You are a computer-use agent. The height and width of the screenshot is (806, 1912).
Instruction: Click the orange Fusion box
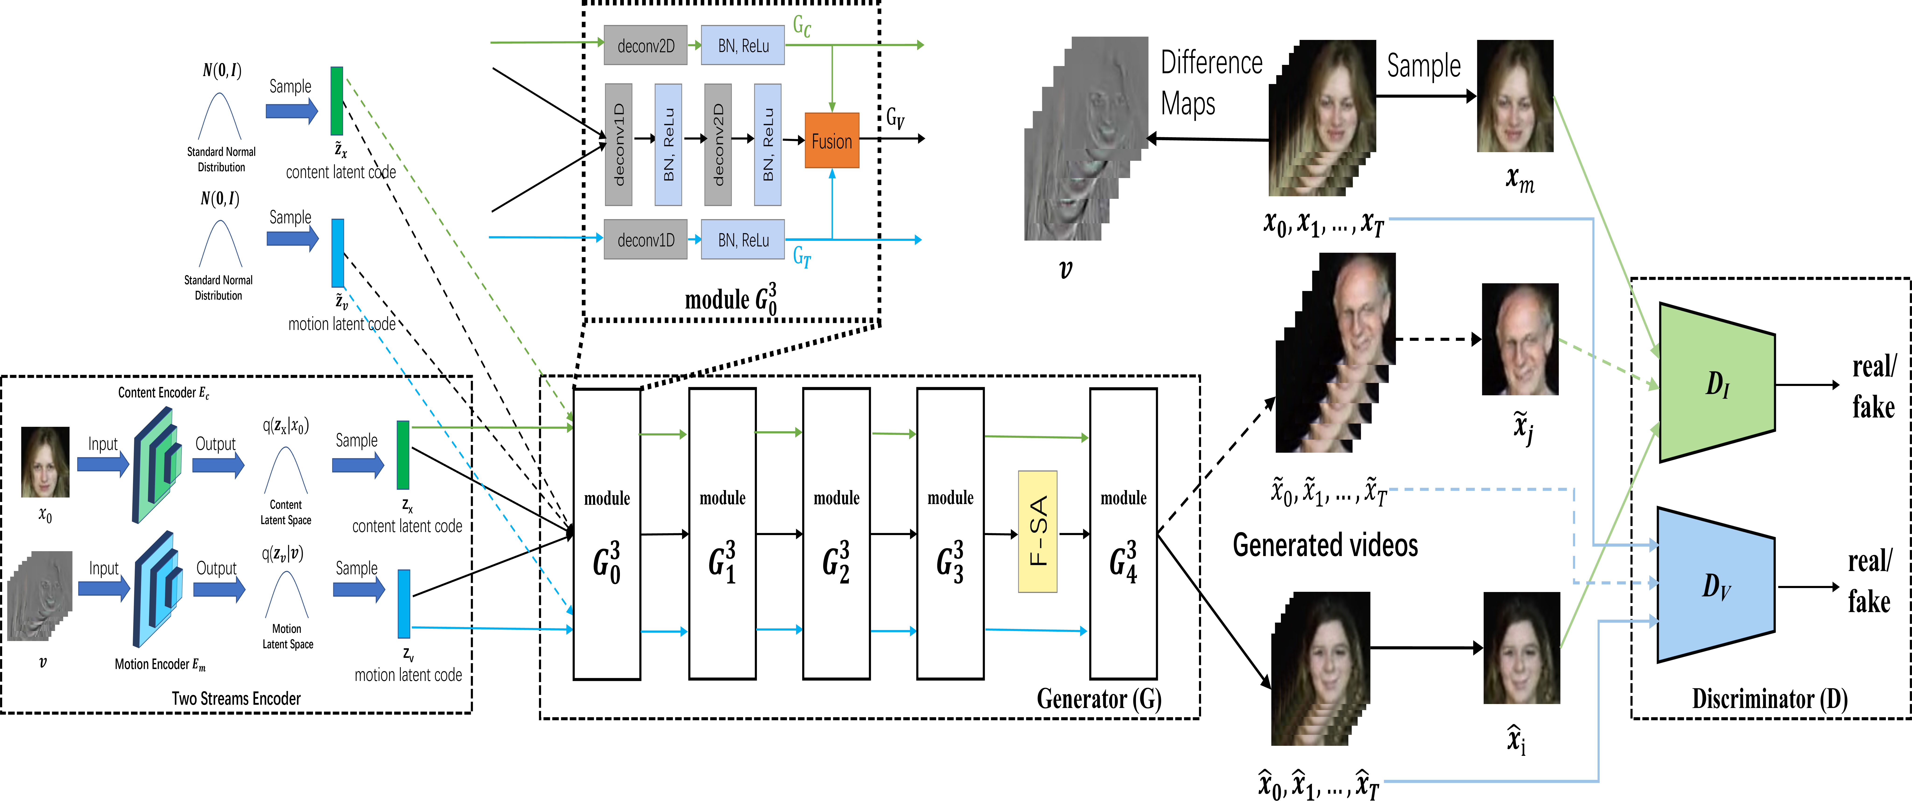[831, 140]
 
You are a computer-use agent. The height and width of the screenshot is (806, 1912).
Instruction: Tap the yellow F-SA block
[1037, 531]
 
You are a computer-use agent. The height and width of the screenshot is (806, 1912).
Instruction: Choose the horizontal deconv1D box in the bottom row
[645, 240]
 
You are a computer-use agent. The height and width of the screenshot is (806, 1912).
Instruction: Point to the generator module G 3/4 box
[1122, 533]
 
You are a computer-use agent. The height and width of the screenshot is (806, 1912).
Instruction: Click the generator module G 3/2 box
[836, 533]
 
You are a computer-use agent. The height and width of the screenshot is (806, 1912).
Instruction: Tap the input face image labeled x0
[45, 462]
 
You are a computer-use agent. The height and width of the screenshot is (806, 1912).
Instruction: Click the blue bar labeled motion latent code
[404, 603]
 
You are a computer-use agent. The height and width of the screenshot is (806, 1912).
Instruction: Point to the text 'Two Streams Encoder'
[236, 698]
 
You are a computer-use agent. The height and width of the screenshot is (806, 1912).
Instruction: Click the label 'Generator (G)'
[1099, 698]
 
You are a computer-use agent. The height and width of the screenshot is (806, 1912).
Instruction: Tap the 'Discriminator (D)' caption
[1769, 698]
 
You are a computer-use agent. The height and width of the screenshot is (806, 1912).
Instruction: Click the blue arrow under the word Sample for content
[358, 465]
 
